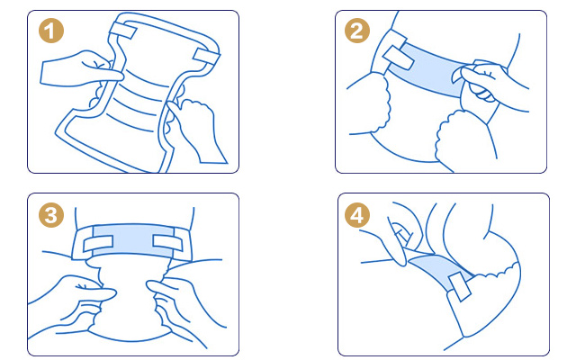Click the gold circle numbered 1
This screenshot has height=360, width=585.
(x=51, y=31)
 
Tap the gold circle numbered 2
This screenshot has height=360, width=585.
(x=357, y=31)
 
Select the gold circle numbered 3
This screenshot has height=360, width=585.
(x=51, y=215)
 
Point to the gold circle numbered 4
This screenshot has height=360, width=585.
(x=357, y=215)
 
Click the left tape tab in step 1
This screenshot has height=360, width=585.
(x=123, y=30)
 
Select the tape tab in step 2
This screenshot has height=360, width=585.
(x=399, y=58)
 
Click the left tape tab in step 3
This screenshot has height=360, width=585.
(x=98, y=244)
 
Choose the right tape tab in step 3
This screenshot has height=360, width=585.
(x=167, y=243)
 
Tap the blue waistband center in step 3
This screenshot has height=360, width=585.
(x=133, y=240)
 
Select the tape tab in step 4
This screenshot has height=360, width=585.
(x=461, y=286)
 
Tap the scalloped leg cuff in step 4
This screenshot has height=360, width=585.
(x=496, y=272)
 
